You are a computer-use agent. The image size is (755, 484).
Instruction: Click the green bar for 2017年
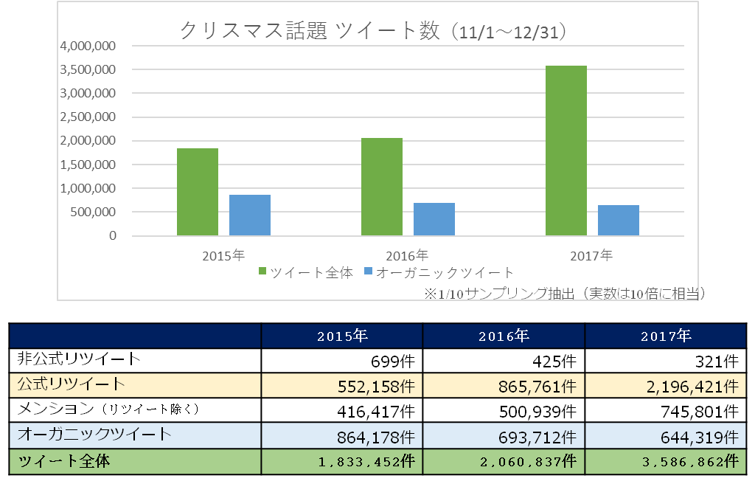pyautogui.click(x=566, y=151)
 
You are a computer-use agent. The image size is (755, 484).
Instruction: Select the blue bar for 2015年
pyautogui.click(x=250, y=215)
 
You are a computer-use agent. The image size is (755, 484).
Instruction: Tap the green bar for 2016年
pyautogui.click(x=382, y=187)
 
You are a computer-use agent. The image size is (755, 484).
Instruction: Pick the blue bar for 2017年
pyautogui.click(x=618, y=221)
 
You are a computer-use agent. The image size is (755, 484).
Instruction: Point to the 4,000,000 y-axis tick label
pyautogui.click(x=88, y=46)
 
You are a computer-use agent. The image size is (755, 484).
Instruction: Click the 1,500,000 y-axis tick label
pyautogui.click(x=88, y=165)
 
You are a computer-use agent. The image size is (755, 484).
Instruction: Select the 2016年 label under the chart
pyautogui.click(x=407, y=256)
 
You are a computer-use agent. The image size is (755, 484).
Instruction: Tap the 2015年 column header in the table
pyautogui.click(x=342, y=336)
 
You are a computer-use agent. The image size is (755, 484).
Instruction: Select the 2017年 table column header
pyautogui.click(x=665, y=336)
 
